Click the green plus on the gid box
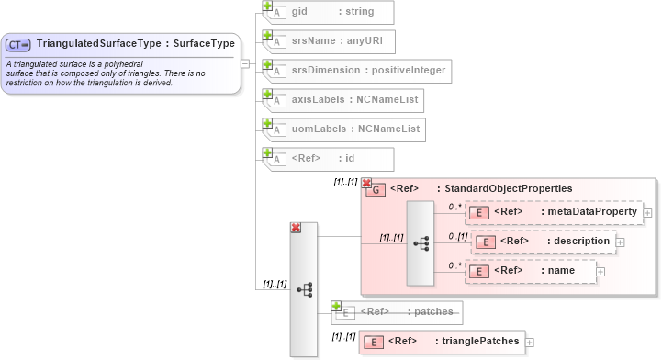pyautogui.click(x=268, y=6)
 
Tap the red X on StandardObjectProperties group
pyautogui.click(x=366, y=183)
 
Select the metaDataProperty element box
pyautogui.click(x=554, y=212)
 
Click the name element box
pyautogui.click(x=531, y=270)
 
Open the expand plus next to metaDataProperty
pyautogui.click(x=648, y=213)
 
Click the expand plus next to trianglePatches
pyautogui.click(x=531, y=342)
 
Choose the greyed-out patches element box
pyautogui.click(x=397, y=312)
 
